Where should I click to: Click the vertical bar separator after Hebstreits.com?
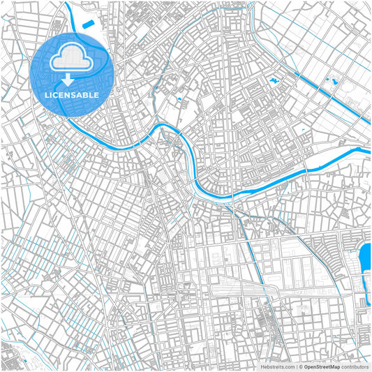pyautogui.click(x=296, y=366)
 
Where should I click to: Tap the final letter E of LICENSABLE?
pyautogui.click(x=96, y=94)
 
